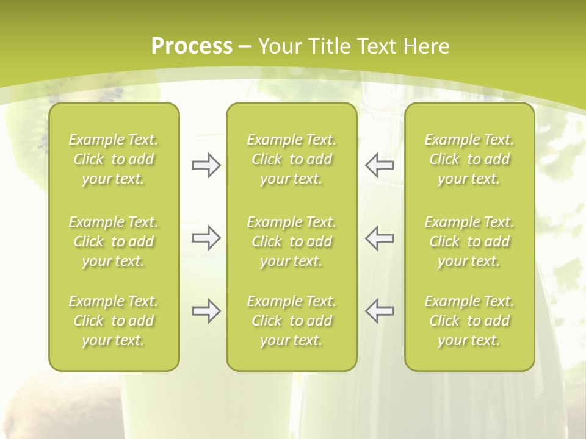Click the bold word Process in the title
point(192,46)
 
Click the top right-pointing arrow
point(206,165)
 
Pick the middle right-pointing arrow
point(206,238)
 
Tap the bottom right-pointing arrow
point(206,311)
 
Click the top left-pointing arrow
point(379,165)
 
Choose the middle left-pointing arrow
point(379,238)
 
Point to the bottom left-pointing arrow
point(379,311)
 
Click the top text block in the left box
point(114,159)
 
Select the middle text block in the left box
point(114,241)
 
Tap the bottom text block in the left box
point(114,321)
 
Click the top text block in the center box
point(291,159)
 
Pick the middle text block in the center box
point(291,241)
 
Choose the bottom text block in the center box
point(291,321)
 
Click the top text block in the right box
point(469,159)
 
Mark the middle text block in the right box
point(469,241)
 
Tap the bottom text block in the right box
point(469,321)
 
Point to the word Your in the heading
point(280,46)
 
